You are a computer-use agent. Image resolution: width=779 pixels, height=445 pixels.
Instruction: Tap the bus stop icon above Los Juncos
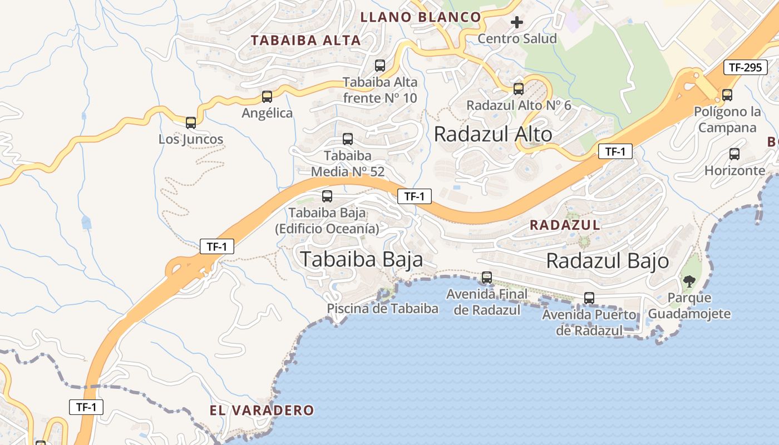tap(191, 123)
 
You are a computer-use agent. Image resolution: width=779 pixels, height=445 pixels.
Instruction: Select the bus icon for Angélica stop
tap(267, 97)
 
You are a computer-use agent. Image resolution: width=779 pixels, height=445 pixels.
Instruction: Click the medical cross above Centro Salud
tap(517, 22)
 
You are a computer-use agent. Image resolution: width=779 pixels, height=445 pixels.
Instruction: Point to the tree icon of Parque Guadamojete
tap(689, 281)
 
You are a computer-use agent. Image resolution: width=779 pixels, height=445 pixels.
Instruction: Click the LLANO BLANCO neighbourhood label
tap(420, 17)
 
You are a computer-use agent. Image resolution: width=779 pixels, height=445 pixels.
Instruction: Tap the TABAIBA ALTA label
tap(305, 41)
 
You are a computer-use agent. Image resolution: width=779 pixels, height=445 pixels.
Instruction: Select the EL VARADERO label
tap(262, 411)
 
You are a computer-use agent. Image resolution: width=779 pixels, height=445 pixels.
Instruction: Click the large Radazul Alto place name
tap(492, 134)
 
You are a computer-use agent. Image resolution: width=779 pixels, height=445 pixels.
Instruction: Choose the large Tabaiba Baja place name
tap(361, 259)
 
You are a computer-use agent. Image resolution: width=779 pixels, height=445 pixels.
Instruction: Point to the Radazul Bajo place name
tap(607, 261)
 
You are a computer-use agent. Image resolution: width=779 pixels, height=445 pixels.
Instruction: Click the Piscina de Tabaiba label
tap(382, 309)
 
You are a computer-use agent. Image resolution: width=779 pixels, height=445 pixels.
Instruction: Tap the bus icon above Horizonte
tap(734, 154)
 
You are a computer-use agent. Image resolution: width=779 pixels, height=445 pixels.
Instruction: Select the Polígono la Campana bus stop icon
tap(727, 95)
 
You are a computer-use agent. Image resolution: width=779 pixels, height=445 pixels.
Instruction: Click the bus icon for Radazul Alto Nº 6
tap(519, 89)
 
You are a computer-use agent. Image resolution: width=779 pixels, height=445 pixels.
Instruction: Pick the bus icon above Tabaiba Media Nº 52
tap(348, 139)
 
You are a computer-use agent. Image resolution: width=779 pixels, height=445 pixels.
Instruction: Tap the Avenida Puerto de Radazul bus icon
tap(589, 298)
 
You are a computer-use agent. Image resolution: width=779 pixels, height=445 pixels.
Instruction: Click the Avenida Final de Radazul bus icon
tap(487, 277)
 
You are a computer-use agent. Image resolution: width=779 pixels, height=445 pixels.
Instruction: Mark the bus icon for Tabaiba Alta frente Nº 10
tap(380, 66)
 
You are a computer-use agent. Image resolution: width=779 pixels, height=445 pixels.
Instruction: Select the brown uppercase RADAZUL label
tap(564, 225)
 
